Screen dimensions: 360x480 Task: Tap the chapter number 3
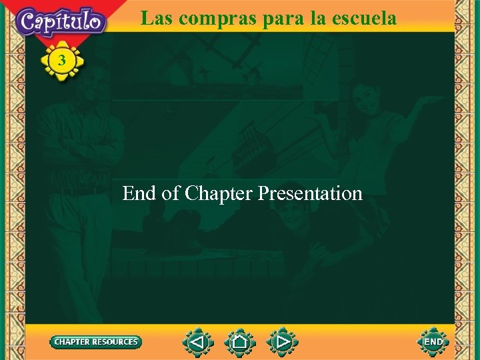(62, 61)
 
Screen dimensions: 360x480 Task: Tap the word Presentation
(310, 193)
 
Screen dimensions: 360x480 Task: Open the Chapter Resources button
(96, 342)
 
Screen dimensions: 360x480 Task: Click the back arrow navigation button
(198, 342)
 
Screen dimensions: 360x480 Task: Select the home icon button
(240, 342)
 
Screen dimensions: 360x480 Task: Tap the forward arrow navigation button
(283, 342)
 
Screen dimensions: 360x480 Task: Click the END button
(433, 342)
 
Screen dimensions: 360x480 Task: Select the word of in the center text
(171, 193)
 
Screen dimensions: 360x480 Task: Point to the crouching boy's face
(291, 215)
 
